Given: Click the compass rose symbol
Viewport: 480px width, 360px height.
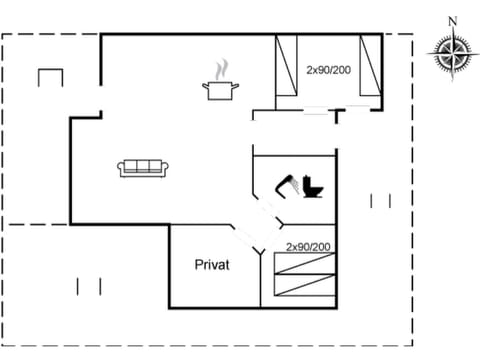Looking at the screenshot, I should click(451, 51).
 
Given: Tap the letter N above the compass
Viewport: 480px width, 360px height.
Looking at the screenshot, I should click(452, 20).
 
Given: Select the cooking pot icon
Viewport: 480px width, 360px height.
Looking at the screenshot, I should click(219, 91).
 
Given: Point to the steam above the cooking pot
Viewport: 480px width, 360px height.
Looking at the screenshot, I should click(219, 70).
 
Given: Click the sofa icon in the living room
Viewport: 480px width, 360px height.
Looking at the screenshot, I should click(143, 168).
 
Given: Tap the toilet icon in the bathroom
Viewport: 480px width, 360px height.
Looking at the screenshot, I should click(314, 188).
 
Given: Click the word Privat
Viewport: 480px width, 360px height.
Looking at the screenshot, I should click(212, 265).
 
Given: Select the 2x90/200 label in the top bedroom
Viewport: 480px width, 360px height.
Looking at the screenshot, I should click(329, 69).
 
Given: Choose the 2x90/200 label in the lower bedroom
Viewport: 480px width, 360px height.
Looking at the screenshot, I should click(308, 246).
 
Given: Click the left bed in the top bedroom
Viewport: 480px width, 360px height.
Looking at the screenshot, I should click(287, 66).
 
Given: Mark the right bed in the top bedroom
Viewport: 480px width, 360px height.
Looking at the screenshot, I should click(371, 66).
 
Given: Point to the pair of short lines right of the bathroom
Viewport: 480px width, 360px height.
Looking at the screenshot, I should click(380, 201).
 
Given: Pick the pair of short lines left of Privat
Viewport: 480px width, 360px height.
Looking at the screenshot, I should click(89, 286).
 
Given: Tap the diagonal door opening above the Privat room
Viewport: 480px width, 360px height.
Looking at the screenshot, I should click(247, 240).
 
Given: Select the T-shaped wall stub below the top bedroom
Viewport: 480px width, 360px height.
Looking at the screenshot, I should click(339, 115).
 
